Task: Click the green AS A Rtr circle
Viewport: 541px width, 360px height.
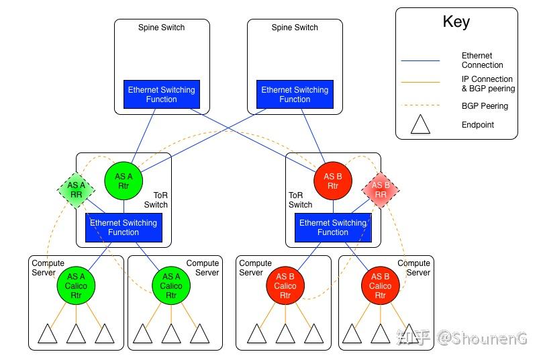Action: tap(124, 181)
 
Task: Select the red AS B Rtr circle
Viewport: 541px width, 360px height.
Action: tap(333, 181)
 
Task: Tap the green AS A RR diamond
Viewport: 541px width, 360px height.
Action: tap(77, 190)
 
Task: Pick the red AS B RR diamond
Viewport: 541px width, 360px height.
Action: tap(380, 190)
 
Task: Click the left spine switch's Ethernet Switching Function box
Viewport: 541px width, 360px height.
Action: tap(161, 95)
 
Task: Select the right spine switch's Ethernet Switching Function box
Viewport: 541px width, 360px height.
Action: tap(295, 95)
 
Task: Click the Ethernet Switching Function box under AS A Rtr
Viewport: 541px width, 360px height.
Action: tap(124, 228)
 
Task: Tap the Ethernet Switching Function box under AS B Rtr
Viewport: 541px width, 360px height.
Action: tap(333, 228)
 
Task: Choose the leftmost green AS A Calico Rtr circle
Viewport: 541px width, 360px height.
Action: tap(76, 286)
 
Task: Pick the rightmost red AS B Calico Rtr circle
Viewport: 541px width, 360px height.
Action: tap(381, 286)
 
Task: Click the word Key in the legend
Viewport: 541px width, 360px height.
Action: tap(456, 21)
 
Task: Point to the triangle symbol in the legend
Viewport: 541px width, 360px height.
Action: tap(420, 125)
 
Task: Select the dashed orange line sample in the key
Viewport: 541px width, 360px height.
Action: tap(420, 105)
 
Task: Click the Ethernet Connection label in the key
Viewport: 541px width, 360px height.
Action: tap(482, 60)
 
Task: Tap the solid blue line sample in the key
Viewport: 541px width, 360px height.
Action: tap(420, 60)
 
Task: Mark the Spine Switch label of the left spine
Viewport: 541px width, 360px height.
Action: tap(161, 28)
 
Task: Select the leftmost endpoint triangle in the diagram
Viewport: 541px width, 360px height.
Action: tap(47, 334)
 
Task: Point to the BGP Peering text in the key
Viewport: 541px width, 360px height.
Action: tap(485, 106)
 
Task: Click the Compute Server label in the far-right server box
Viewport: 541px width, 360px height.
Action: tap(413, 268)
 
